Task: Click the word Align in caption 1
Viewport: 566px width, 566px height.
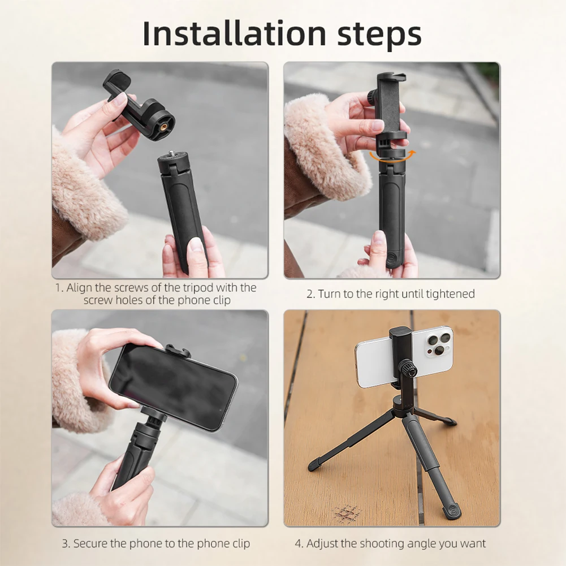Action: coord(79,287)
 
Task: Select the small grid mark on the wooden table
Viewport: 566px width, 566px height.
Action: coord(347,513)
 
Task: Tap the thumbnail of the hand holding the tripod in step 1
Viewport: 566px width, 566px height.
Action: coord(195,245)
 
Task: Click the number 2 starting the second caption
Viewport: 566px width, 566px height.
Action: coord(309,293)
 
